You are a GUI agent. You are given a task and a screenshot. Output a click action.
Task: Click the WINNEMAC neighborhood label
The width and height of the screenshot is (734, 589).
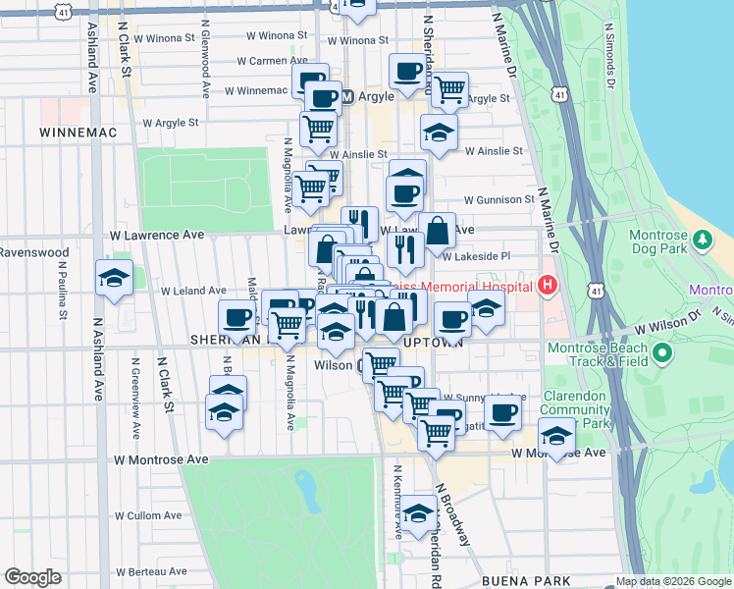click(x=73, y=131)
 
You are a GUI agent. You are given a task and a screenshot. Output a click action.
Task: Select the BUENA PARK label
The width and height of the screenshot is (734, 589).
click(x=520, y=581)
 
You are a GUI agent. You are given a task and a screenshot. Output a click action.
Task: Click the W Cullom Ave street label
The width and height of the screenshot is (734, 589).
click(x=148, y=515)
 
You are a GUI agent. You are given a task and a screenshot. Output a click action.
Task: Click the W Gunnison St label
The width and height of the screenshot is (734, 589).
click(x=498, y=200)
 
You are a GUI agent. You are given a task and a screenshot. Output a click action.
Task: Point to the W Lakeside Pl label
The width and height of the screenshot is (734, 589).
click(x=477, y=256)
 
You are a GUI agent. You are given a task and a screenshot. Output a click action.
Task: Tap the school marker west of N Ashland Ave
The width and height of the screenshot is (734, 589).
click(x=114, y=280)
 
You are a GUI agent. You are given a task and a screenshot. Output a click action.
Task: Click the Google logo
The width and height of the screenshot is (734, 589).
click(x=32, y=577)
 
